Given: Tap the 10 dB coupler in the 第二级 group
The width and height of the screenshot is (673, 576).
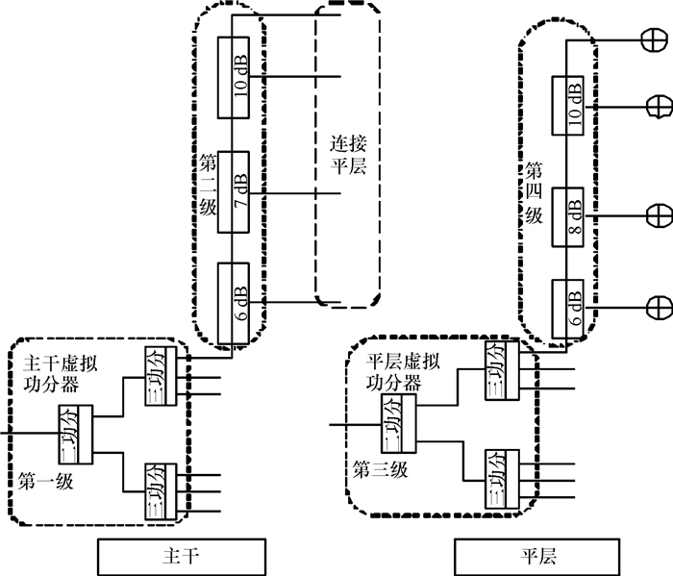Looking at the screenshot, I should tap(235, 78).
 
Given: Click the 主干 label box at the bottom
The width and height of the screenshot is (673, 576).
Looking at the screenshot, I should tap(181, 557).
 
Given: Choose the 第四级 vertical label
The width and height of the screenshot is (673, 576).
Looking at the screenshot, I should tap(534, 192).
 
